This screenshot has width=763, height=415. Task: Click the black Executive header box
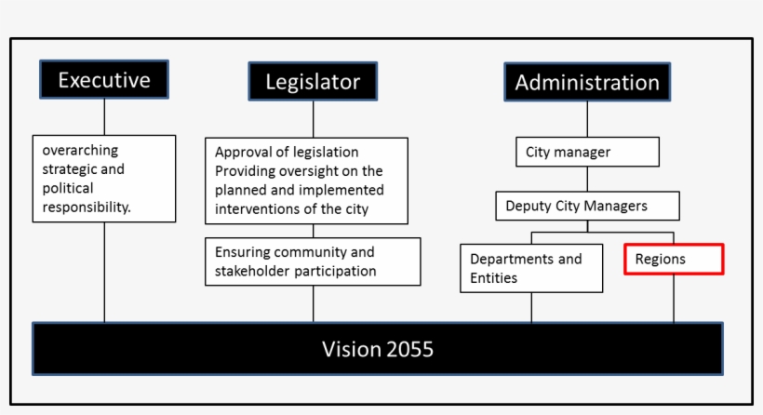(x=104, y=80)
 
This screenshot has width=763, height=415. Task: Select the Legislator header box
(x=313, y=81)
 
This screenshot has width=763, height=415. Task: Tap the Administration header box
(x=587, y=82)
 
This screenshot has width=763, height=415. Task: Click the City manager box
(x=587, y=152)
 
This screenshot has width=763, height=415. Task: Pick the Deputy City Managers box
(x=587, y=206)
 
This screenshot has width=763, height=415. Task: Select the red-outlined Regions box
(x=674, y=260)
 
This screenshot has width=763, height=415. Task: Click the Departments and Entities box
(x=531, y=268)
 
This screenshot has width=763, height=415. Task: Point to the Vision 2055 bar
(x=378, y=349)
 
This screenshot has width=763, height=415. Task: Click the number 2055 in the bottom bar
(x=408, y=349)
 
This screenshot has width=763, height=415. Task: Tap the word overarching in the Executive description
(x=80, y=151)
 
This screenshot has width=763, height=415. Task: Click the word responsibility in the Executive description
(x=86, y=207)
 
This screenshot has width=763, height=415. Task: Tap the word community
(x=315, y=252)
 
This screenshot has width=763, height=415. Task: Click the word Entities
(x=493, y=278)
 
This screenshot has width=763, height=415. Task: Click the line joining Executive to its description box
(x=104, y=117)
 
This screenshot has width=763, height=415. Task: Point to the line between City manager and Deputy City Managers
(x=587, y=179)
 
